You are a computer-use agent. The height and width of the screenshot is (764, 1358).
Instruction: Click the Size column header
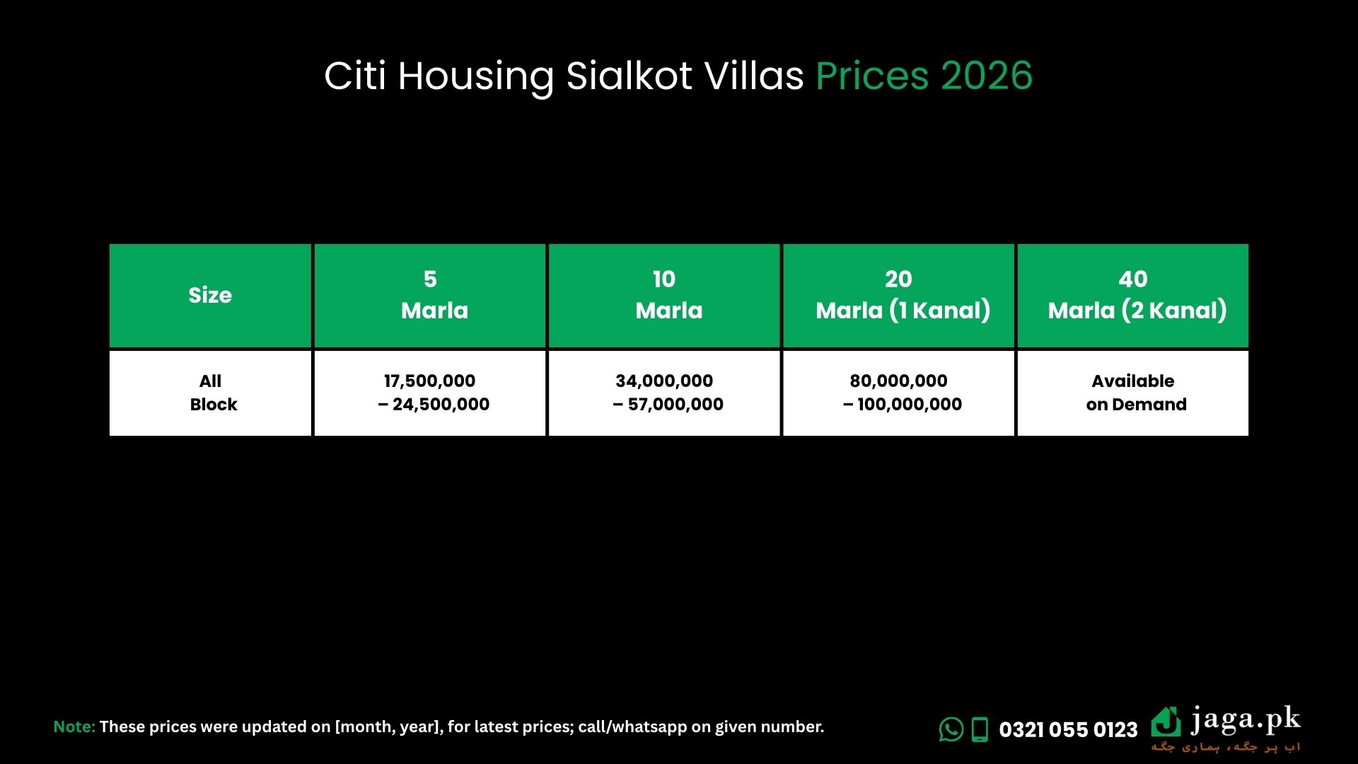(x=210, y=295)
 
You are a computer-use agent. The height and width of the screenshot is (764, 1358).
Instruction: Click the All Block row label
(x=212, y=393)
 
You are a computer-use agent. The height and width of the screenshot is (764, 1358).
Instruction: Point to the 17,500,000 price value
(x=429, y=381)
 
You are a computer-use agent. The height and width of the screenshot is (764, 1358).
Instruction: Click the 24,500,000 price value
(x=441, y=405)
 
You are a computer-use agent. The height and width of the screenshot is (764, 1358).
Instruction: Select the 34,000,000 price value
(x=664, y=381)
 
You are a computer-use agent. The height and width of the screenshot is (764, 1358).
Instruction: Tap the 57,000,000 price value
(x=675, y=405)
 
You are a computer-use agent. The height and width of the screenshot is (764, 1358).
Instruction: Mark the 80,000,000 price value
(x=898, y=381)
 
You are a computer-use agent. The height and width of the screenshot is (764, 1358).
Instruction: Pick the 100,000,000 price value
(x=910, y=405)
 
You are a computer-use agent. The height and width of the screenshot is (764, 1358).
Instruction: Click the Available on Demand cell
(x=1135, y=393)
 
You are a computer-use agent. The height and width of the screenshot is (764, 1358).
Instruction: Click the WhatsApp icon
(x=951, y=729)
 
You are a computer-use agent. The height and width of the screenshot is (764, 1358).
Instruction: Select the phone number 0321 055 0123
(x=1068, y=729)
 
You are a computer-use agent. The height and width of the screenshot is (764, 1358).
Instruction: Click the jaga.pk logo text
(x=1246, y=721)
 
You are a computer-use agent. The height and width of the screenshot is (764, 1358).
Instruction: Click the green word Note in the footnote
(x=74, y=727)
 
